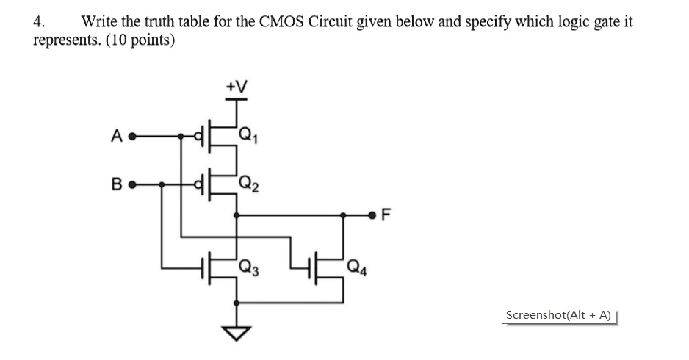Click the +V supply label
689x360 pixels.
pos(236,87)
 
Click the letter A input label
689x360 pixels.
pos(115,136)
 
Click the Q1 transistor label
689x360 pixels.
pos(249,134)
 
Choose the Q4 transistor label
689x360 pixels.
pos(356,267)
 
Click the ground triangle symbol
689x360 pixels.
pos(236,334)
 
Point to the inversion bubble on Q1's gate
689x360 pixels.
pos(197,136)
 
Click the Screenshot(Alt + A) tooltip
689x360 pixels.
pos(559,314)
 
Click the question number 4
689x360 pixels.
pos(38,21)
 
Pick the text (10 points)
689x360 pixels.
pos(140,40)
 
